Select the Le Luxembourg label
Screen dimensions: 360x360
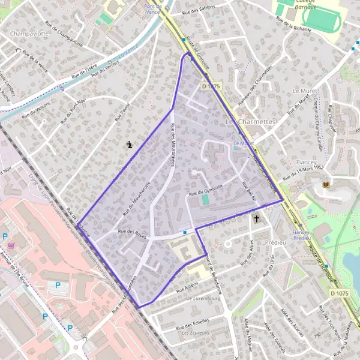click(204, 298)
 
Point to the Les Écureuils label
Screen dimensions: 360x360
click(196, 333)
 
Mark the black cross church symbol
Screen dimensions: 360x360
click(257, 219)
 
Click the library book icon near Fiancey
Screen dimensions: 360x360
click(326, 184)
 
